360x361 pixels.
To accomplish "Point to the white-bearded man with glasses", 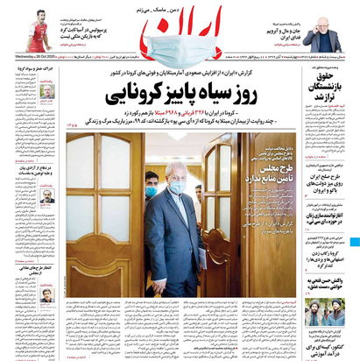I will coord(325,37).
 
